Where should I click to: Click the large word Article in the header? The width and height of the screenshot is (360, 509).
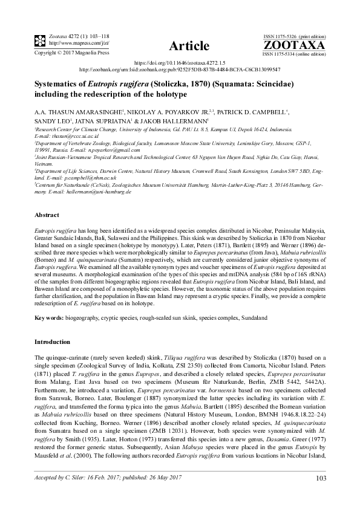pos(189,46)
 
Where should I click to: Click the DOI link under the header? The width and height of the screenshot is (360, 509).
pos(179,62)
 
